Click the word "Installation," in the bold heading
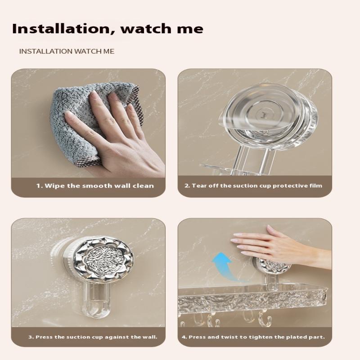pos(62,29)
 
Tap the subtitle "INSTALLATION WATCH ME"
pos(67,51)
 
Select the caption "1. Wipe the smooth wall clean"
pos(95,185)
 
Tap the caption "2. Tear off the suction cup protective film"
pos(253,185)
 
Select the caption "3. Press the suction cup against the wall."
pos(93,337)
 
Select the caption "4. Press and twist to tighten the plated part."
pos(253,337)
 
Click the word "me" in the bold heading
pos(190,29)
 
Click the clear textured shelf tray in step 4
pos(252,298)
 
